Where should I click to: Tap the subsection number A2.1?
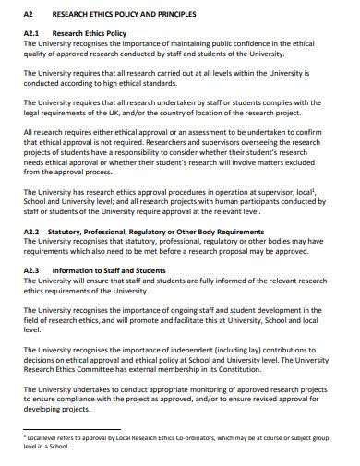(33, 33)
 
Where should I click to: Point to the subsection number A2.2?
(33, 232)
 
